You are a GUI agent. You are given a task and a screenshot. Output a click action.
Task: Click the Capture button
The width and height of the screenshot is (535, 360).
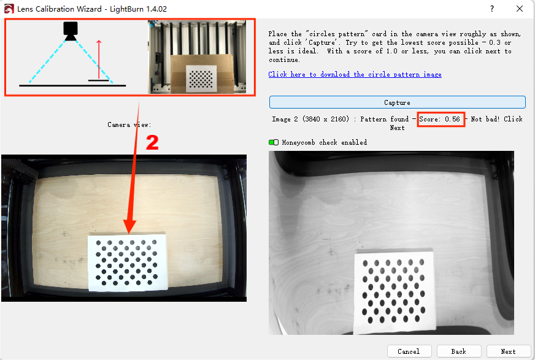click(397, 102)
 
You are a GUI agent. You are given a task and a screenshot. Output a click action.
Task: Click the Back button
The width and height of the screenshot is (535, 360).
click(458, 351)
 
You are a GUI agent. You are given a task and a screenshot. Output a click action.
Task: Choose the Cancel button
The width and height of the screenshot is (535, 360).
click(409, 351)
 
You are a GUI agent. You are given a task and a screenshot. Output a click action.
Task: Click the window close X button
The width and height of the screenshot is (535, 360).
click(519, 9)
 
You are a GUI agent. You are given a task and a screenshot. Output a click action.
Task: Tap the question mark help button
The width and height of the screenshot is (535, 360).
click(492, 9)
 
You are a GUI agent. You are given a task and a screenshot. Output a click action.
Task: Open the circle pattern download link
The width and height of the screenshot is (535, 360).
click(355, 74)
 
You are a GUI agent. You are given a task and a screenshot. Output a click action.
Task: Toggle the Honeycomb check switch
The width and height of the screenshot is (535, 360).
click(274, 142)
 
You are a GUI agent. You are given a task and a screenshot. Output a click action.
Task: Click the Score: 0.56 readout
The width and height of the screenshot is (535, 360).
click(440, 119)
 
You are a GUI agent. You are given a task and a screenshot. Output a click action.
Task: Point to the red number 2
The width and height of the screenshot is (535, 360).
click(152, 142)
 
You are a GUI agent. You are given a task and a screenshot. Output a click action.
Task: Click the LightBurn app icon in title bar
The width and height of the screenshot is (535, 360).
click(9, 9)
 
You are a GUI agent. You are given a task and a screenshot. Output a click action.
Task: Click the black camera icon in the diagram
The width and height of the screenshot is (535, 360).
click(71, 31)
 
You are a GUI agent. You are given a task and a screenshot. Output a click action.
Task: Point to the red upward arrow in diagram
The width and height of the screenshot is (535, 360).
click(99, 59)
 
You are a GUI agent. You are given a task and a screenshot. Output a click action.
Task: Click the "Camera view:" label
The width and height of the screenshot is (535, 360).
click(129, 124)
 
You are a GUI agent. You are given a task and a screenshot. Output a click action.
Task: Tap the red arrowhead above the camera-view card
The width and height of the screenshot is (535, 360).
click(129, 226)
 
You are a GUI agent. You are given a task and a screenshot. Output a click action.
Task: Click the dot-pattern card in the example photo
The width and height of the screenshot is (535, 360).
click(201, 79)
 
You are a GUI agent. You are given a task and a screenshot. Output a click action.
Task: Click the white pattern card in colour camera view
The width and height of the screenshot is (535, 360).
click(128, 262)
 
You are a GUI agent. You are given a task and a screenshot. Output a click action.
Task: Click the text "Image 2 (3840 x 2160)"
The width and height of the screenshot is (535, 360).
click(310, 119)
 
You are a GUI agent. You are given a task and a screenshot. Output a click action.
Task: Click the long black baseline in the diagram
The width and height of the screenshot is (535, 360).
click(72, 86)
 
